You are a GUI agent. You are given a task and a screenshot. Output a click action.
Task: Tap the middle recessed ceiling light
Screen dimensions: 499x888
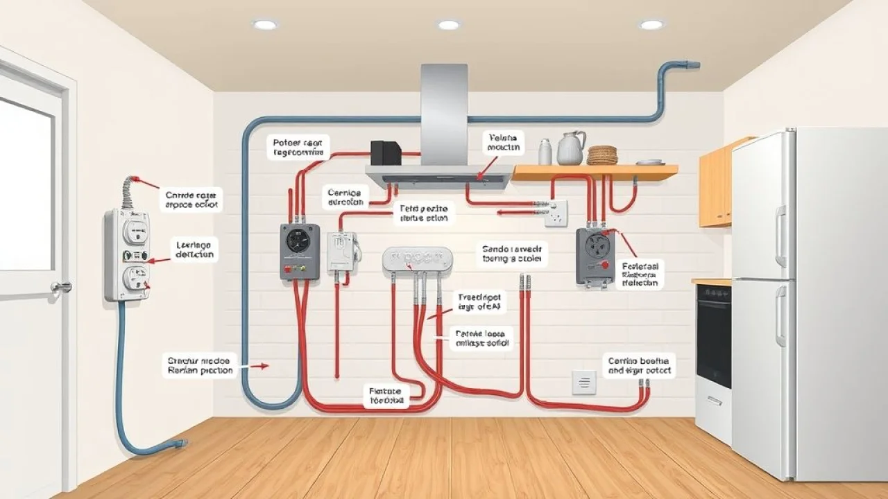[x=448, y=25]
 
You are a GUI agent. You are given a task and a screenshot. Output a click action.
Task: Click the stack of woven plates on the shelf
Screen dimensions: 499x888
[x=602, y=155]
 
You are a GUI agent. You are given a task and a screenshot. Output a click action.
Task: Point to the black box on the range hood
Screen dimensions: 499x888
[x=385, y=152]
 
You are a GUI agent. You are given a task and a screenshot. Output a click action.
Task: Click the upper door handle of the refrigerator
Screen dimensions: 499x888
[x=780, y=236]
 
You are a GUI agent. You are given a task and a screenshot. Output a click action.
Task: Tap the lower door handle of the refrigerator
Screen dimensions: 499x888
[x=780, y=315]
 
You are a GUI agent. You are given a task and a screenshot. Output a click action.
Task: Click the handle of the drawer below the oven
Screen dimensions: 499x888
[x=714, y=400]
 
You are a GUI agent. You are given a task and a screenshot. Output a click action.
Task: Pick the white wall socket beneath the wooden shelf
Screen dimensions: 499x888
[x=556, y=213]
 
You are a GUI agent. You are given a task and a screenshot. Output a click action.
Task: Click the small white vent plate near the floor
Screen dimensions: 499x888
[x=583, y=382]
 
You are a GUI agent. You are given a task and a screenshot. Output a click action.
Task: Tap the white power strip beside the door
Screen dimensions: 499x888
[x=126, y=254]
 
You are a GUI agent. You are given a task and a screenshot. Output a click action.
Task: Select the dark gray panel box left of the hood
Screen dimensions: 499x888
[x=300, y=251]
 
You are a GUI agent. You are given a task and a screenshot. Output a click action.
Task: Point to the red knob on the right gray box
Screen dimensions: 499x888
[x=605, y=265]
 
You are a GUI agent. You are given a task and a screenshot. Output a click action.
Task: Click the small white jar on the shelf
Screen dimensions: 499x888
[x=545, y=152]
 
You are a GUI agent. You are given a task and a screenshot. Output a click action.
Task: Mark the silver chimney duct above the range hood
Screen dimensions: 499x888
[x=444, y=114]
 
